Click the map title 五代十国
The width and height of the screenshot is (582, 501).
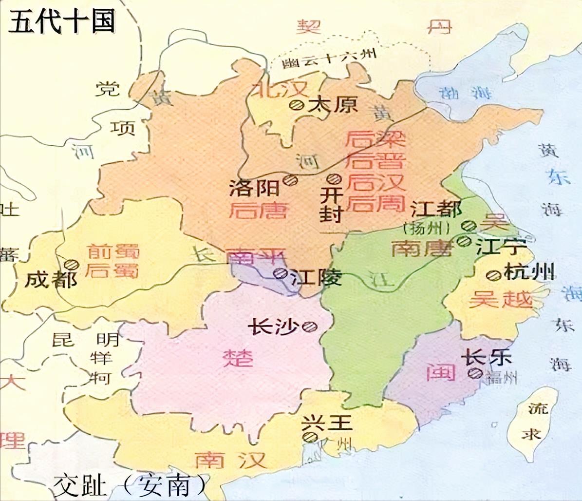(62, 22)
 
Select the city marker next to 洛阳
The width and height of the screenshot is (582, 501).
(291, 180)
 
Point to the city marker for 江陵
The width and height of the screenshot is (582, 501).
(280, 273)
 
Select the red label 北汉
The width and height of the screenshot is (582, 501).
(279, 89)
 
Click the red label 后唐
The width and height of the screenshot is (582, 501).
(258, 210)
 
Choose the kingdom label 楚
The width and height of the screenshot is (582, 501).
(238, 358)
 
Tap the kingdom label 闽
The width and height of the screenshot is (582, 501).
(441, 372)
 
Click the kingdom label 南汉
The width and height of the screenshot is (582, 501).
(230, 459)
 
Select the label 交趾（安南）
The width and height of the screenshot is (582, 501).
(130, 484)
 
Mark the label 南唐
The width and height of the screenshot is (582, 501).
(422, 248)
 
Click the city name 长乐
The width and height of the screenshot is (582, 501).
(488, 357)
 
